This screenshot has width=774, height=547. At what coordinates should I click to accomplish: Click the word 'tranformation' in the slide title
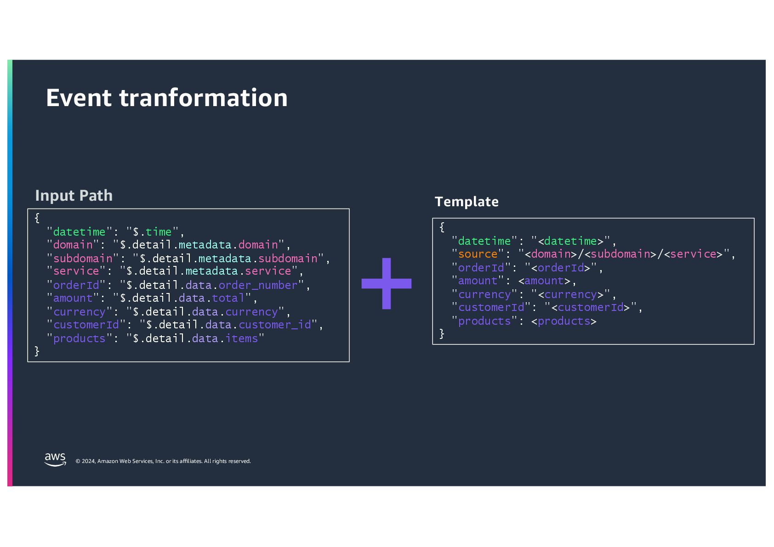click(x=203, y=98)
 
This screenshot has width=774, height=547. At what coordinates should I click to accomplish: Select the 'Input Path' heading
click(x=74, y=195)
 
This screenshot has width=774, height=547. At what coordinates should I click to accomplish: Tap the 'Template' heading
click(x=467, y=202)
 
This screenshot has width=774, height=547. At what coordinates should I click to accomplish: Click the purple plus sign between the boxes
click(x=386, y=283)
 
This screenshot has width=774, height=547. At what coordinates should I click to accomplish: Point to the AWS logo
click(x=55, y=459)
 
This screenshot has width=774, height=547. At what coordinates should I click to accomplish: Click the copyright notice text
click(x=163, y=461)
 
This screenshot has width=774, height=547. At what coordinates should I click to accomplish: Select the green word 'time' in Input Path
click(x=159, y=232)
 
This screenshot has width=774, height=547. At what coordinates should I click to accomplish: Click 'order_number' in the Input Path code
click(x=258, y=285)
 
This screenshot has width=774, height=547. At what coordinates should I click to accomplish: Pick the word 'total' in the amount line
click(x=228, y=298)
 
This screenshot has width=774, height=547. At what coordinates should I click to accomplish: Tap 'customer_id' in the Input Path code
click(x=275, y=325)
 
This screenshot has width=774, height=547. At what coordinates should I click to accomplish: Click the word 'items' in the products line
click(x=241, y=338)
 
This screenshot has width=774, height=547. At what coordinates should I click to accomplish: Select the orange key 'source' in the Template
click(x=478, y=254)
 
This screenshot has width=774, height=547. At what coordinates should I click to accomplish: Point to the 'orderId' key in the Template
click(x=481, y=268)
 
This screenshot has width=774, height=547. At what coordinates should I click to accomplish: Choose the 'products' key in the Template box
click(x=484, y=321)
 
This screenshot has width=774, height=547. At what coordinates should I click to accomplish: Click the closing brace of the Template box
click(x=442, y=334)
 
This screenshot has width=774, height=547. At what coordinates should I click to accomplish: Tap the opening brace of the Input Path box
click(x=37, y=218)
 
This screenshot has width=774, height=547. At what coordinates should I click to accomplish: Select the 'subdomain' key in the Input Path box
click(x=83, y=259)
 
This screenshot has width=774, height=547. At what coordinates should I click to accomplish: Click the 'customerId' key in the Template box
click(x=491, y=307)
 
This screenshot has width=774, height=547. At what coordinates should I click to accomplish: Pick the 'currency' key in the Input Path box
click(x=80, y=312)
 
